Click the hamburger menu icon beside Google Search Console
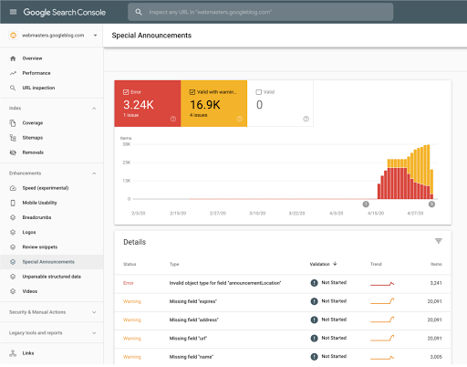[x=13, y=12]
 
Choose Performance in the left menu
[x=37, y=72]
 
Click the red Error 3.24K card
[x=148, y=103]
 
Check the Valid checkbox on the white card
[x=260, y=91]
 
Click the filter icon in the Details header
[x=438, y=241]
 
